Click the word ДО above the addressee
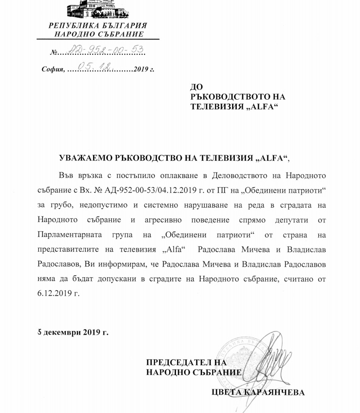[197, 87]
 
